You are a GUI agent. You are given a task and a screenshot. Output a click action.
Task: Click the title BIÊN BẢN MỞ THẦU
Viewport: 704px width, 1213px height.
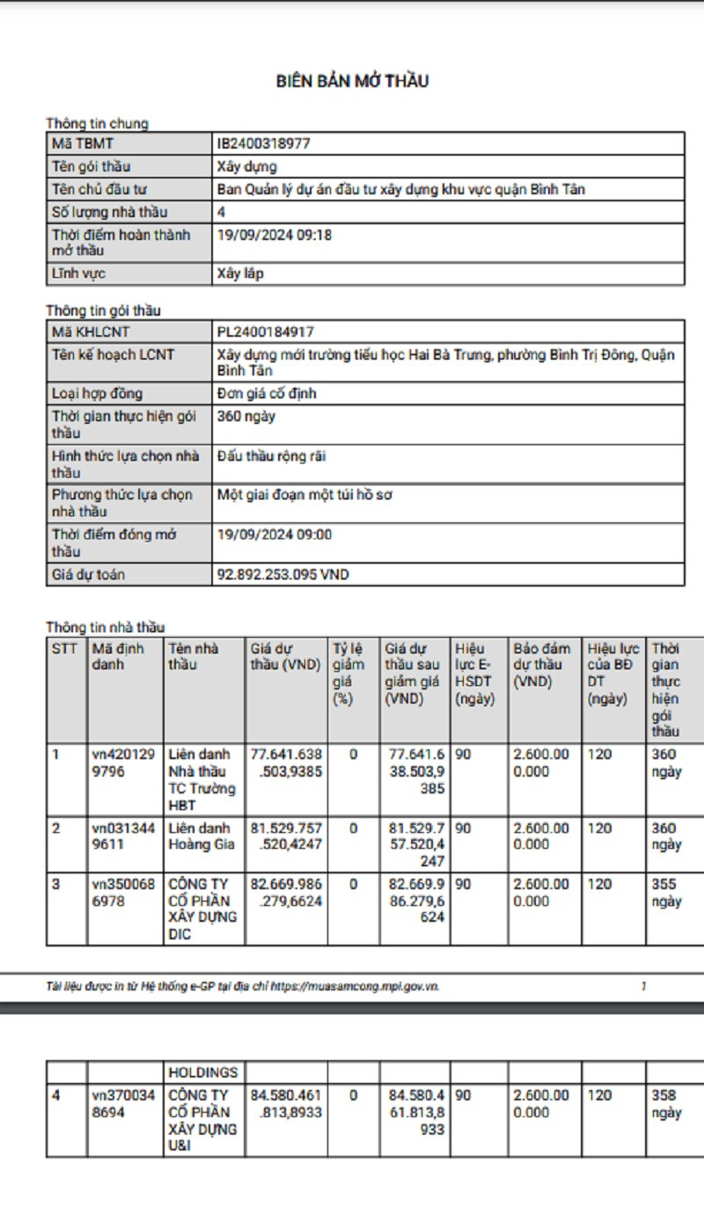click(352, 82)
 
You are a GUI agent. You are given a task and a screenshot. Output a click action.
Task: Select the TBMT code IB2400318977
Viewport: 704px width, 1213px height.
click(263, 143)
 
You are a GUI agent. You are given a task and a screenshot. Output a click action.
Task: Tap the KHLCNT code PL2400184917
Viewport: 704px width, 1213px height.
click(265, 332)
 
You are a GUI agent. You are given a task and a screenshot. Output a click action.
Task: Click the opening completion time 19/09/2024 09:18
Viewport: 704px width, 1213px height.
click(275, 235)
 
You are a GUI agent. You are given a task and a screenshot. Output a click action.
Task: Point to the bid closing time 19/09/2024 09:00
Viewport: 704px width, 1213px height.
click(275, 534)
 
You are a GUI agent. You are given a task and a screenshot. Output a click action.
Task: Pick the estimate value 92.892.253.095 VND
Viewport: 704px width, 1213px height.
click(282, 574)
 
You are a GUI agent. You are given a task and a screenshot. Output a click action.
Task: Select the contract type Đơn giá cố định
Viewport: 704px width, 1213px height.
click(267, 393)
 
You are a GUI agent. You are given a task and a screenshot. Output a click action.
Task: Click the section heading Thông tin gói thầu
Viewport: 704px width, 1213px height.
click(103, 311)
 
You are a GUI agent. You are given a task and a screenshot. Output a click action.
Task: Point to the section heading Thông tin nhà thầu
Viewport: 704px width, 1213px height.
click(105, 627)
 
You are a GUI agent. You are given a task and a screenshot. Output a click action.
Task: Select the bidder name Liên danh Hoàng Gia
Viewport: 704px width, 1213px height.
click(202, 836)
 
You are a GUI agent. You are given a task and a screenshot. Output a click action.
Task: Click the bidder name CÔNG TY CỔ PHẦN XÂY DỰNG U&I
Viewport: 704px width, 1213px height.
click(202, 1121)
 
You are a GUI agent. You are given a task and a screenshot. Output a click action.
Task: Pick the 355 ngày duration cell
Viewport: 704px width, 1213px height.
click(665, 892)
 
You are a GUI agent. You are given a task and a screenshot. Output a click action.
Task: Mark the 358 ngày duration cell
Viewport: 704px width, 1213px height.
click(665, 1104)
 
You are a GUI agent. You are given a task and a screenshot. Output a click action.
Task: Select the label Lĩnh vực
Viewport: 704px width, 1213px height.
click(78, 274)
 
